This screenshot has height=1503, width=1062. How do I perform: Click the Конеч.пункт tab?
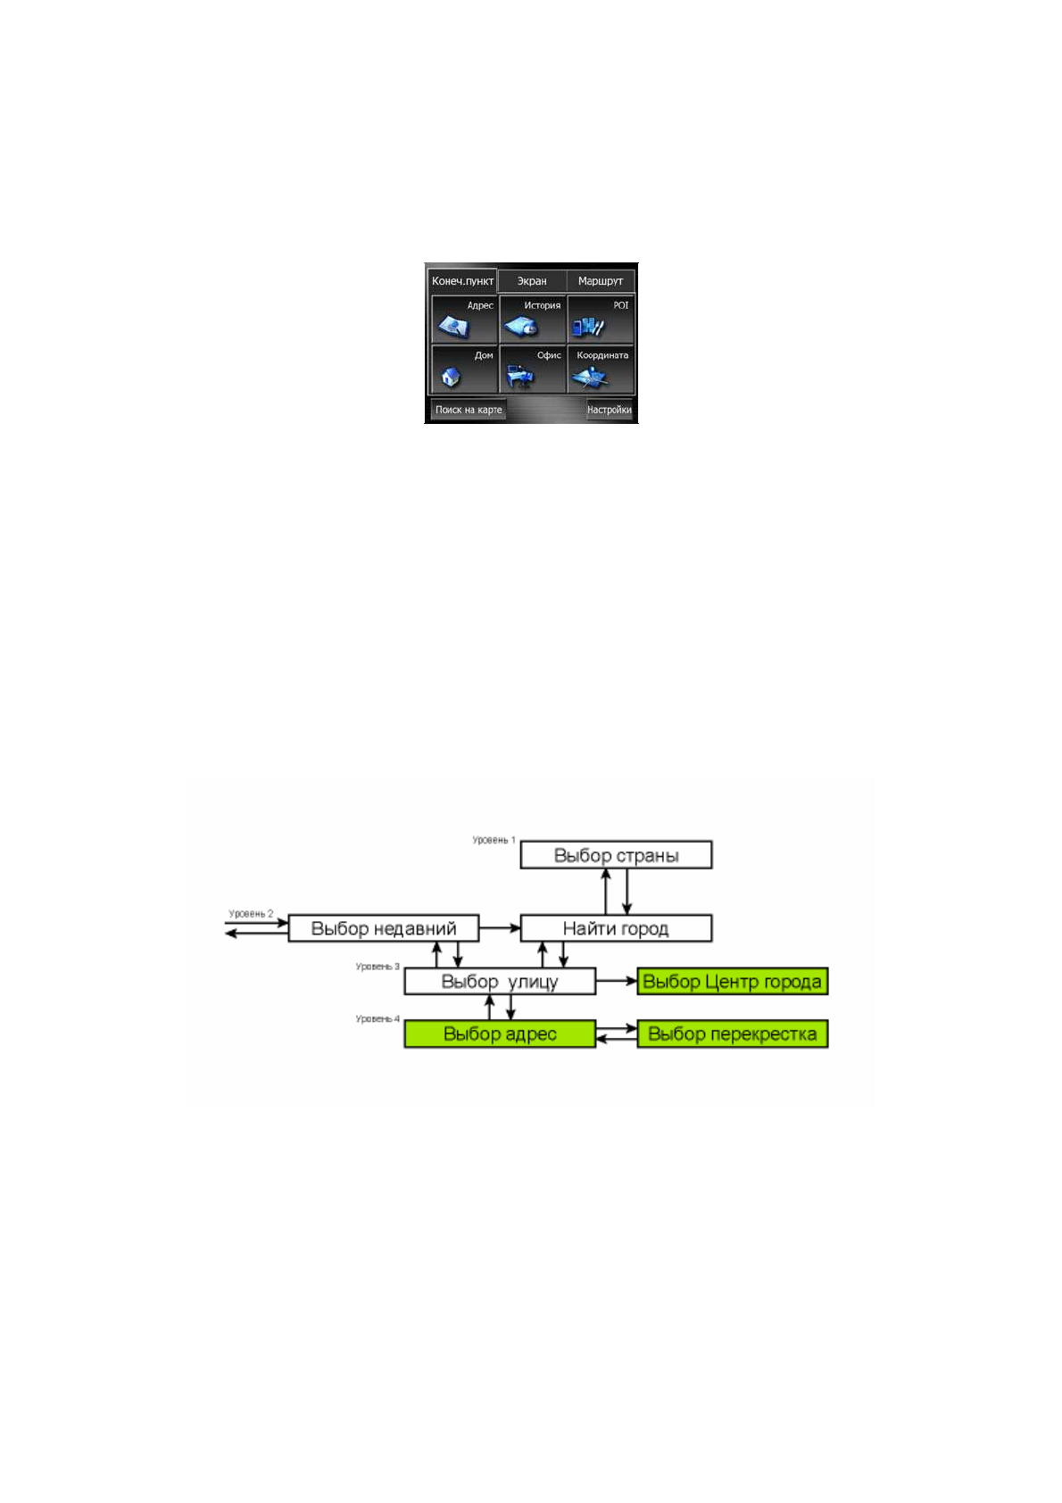click(x=462, y=281)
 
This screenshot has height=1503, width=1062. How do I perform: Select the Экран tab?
click(x=532, y=281)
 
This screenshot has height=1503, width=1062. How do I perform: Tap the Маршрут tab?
click(x=601, y=281)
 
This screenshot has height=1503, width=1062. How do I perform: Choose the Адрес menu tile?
click(x=464, y=320)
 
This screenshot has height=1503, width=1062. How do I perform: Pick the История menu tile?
click(x=533, y=320)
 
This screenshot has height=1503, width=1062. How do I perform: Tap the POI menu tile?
click(x=601, y=320)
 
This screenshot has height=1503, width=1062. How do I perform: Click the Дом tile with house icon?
click(x=464, y=369)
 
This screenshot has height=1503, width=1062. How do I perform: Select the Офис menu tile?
click(x=533, y=369)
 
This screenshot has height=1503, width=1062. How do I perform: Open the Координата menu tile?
click(x=601, y=369)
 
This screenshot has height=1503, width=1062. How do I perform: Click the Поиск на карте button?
click(x=469, y=410)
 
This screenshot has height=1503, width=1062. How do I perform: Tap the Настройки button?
click(x=609, y=410)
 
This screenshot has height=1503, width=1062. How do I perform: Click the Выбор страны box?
click(x=616, y=855)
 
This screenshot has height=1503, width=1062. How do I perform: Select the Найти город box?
click(x=616, y=928)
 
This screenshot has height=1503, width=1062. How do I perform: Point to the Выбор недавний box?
click(x=384, y=928)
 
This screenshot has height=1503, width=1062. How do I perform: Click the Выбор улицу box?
click(x=500, y=982)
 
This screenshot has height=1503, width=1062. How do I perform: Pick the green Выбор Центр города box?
click(x=733, y=982)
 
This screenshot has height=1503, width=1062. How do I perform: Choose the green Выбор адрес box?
click(x=500, y=1034)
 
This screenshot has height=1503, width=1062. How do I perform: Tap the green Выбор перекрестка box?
click(x=733, y=1034)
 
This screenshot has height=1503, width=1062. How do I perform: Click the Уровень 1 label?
click(x=494, y=840)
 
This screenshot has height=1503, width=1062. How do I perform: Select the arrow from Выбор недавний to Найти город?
click(x=500, y=928)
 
